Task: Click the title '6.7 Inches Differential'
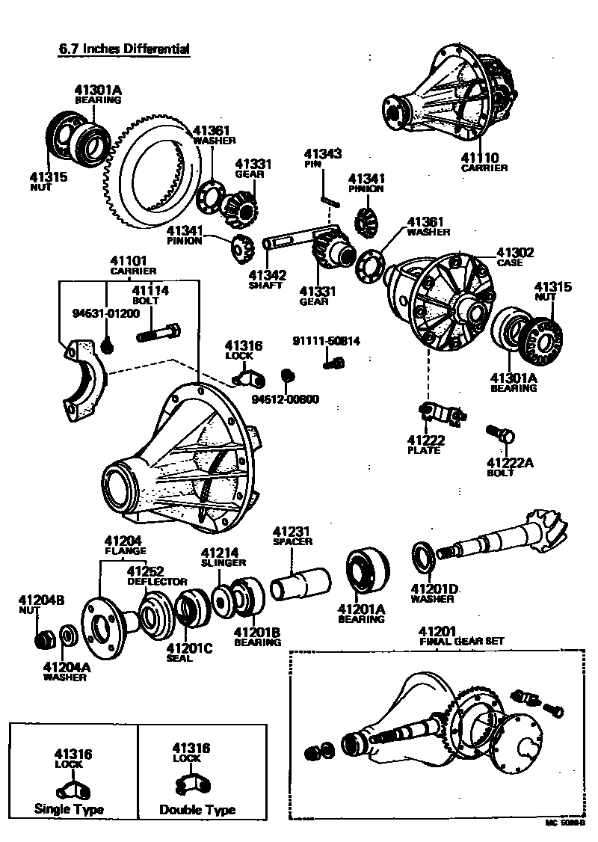124,49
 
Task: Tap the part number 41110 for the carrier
479,158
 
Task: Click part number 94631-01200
105,313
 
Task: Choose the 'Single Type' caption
69,809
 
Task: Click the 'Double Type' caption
197,810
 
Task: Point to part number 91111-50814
326,341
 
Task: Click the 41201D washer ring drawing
422,556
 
